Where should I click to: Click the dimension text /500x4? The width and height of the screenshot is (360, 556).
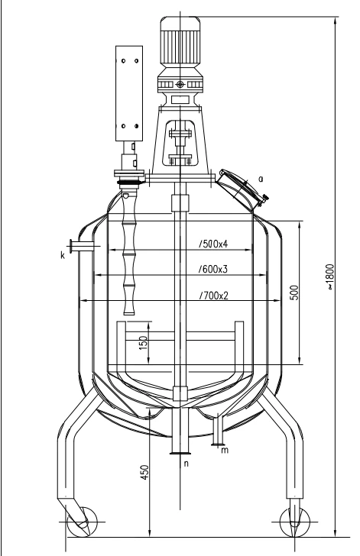213,244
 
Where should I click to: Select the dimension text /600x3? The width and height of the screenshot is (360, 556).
213,270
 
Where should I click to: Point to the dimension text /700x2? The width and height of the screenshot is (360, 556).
214,296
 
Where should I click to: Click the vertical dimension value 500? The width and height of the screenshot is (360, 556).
294,293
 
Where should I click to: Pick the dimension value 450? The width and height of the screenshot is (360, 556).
145,472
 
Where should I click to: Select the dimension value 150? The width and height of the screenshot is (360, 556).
144,342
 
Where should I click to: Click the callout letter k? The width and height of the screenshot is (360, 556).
63,255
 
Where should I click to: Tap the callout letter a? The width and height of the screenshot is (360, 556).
261,179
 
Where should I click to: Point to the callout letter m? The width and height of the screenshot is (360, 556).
225,451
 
